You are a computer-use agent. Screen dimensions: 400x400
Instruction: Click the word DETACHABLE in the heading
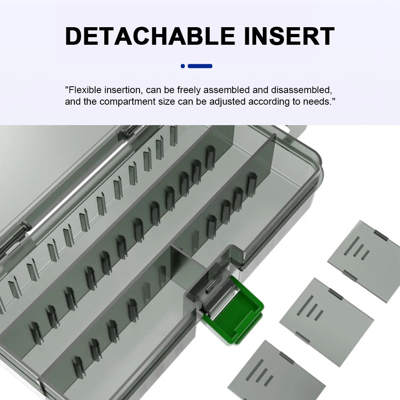point(150,36)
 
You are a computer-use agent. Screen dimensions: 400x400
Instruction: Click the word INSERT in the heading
point(289,36)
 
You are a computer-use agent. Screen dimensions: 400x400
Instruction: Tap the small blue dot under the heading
point(183,66)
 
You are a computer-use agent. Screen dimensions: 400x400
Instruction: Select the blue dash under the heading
point(200,66)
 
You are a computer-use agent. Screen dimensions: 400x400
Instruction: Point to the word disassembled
point(301,90)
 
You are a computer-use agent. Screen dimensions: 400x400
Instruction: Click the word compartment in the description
point(127,101)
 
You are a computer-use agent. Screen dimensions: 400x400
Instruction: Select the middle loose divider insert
point(326,322)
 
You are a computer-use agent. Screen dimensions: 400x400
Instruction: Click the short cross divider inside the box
point(187,265)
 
